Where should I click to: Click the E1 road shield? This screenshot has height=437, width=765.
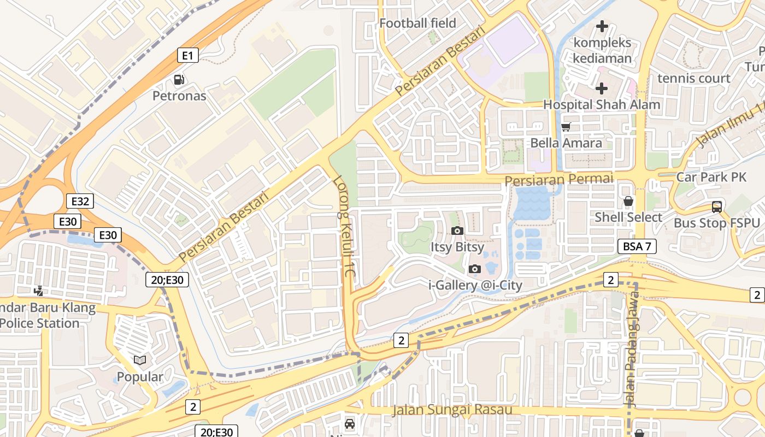[187, 55]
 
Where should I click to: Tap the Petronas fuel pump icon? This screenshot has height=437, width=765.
[179, 80]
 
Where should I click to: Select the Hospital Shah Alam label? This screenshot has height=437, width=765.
[601, 104]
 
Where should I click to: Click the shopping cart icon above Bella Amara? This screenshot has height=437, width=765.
[566, 127]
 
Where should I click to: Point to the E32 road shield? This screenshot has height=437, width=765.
[80, 201]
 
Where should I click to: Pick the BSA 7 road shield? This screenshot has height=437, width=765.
[637, 246]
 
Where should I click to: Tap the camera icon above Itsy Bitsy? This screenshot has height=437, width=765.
[457, 231]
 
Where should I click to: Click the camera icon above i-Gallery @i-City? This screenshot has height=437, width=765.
[475, 269]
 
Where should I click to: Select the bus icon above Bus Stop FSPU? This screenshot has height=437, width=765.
[716, 207]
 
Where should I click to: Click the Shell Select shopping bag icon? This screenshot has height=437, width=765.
[628, 201]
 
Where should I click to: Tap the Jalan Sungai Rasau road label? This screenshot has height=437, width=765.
[452, 410]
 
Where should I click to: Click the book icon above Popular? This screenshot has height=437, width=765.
[140, 361]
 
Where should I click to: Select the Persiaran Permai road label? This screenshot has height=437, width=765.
[558, 179]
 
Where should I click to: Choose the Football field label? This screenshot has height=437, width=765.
[417, 23]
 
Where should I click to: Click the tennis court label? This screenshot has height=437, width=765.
[693, 78]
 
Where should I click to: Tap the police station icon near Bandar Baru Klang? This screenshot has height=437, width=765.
[38, 291]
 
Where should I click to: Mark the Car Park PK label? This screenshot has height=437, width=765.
[711, 177]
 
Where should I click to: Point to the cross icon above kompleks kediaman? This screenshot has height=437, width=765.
[602, 26]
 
